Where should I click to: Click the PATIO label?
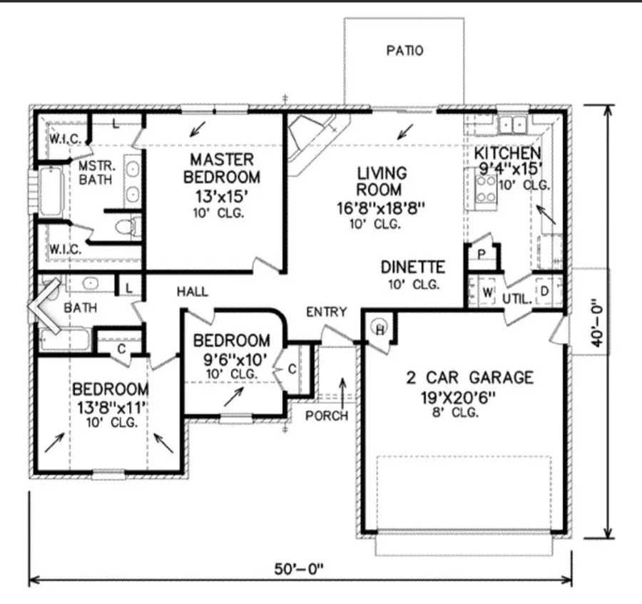pyautogui.click(x=404, y=51)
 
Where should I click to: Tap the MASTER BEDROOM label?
pyautogui.click(x=222, y=167)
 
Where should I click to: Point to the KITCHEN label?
pyautogui.click(x=508, y=153)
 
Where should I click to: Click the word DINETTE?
pyautogui.click(x=412, y=267)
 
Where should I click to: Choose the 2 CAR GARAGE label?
pyautogui.click(x=469, y=377)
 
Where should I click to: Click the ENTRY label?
pyautogui.click(x=326, y=312)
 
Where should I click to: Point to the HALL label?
pyautogui.click(x=193, y=291)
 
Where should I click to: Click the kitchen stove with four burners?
pyautogui.click(x=486, y=188)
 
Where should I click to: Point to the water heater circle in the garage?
pyautogui.click(x=380, y=327)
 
